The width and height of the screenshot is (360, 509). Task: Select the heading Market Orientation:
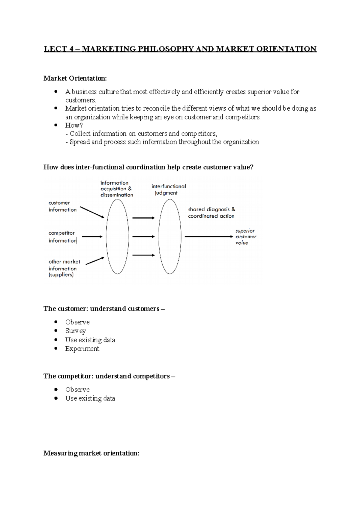click(x=75, y=79)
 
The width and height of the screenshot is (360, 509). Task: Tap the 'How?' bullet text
click(x=74, y=125)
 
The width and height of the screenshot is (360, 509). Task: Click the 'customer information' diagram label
click(x=62, y=206)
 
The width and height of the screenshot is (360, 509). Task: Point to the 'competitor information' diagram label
click(x=62, y=237)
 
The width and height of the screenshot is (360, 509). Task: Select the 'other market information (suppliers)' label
click(x=64, y=268)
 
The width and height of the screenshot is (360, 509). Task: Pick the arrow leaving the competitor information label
click(x=92, y=237)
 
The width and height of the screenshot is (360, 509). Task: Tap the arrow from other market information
click(x=95, y=261)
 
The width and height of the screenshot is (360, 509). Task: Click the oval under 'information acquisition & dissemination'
click(x=117, y=237)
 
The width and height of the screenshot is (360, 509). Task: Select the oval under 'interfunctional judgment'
click(x=170, y=237)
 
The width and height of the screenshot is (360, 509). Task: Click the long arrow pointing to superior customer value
click(x=208, y=237)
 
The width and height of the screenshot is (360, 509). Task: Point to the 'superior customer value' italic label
click(x=246, y=237)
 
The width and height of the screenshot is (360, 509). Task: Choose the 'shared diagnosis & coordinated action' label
click(x=211, y=213)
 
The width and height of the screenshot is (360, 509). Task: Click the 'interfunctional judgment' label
click(x=168, y=189)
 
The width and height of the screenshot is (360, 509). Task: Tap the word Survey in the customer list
click(x=76, y=331)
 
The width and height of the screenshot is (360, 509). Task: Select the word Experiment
click(x=82, y=349)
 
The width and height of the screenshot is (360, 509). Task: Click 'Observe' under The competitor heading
click(x=77, y=389)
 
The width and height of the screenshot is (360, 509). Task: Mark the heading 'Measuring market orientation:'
click(x=91, y=453)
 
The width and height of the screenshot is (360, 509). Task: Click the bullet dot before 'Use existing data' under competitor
click(x=56, y=398)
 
